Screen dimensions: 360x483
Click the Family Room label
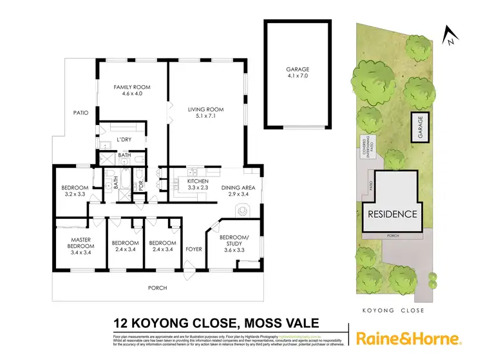[127, 90]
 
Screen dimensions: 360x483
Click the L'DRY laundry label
[124, 140]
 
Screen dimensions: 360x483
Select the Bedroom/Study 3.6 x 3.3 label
[239, 243]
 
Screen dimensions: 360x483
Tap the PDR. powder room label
[141, 184]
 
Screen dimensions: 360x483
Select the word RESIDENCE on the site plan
[392, 214]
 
